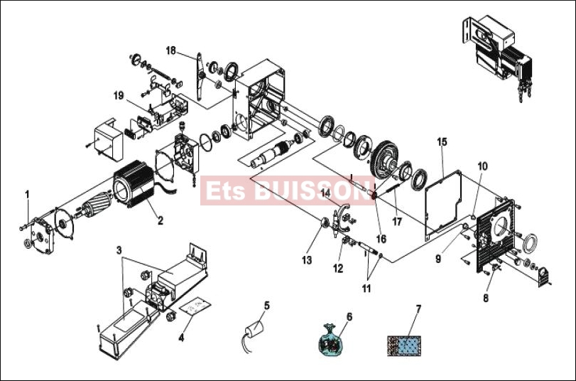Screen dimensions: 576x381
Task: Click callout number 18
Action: point(171,50)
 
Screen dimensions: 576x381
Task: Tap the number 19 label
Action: point(119,96)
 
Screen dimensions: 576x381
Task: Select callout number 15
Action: point(442,141)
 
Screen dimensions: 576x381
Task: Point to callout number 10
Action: point(482,166)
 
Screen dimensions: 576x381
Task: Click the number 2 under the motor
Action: point(161,220)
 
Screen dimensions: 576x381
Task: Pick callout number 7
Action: point(418,309)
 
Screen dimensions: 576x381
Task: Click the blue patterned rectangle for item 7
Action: point(404,345)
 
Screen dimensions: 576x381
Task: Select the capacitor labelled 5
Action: point(254,328)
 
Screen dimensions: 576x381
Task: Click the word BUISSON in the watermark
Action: point(312,190)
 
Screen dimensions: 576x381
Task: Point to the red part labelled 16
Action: point(374,195)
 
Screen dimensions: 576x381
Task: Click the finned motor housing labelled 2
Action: point(134,184)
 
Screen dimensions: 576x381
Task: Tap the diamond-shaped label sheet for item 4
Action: point(195,305)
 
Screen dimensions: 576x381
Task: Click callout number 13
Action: point(307,260)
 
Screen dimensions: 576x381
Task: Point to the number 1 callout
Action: point(27,194)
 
